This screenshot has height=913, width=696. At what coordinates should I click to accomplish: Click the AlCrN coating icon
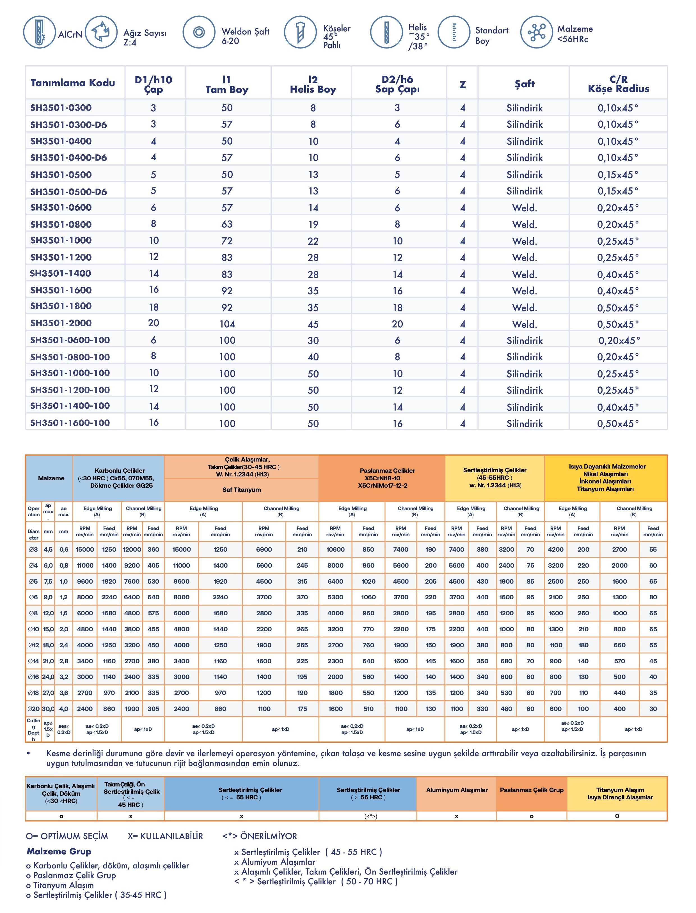39,32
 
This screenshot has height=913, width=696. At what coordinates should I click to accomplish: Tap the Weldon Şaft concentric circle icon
199,32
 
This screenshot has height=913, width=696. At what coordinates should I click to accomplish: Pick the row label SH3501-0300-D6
68,125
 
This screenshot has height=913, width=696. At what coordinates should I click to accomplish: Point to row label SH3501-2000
61,323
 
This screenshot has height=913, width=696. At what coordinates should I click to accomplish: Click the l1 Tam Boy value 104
227,324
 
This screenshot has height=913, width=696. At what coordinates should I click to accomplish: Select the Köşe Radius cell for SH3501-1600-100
618,423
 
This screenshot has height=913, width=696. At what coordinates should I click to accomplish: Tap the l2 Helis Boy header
313,84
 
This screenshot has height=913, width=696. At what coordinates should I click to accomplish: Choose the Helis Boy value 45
313,324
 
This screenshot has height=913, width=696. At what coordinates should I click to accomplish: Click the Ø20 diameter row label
34,709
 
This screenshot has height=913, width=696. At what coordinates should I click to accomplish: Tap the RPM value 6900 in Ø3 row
264,549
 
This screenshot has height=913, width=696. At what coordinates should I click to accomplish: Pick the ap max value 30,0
48,709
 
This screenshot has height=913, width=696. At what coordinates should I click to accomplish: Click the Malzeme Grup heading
59,851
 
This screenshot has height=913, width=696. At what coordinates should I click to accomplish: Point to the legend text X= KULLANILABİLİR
165,836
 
